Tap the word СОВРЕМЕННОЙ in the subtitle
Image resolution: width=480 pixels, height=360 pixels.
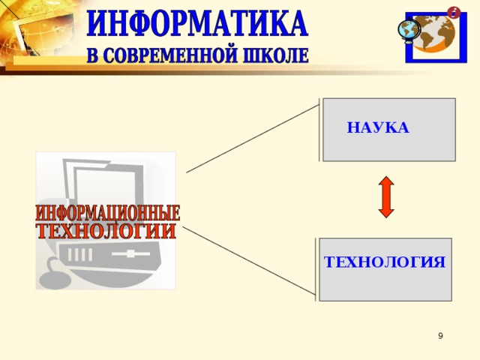click(183, 56)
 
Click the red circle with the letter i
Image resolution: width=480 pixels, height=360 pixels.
click(454, 12)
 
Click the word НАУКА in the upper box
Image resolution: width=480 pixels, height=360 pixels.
click(378, 128)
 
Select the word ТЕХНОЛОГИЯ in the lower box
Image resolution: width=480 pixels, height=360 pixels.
click(385, 262)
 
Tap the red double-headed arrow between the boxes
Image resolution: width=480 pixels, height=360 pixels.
click(386, 197)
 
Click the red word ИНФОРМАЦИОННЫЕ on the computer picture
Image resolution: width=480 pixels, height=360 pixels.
click(108, 213)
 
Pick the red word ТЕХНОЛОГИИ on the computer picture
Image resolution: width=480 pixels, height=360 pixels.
click(106, 230)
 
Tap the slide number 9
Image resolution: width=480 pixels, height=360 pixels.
click(440, 336)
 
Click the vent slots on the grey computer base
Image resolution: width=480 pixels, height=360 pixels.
click(79, 255)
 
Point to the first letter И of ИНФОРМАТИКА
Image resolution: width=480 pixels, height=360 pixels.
click(98, 24)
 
